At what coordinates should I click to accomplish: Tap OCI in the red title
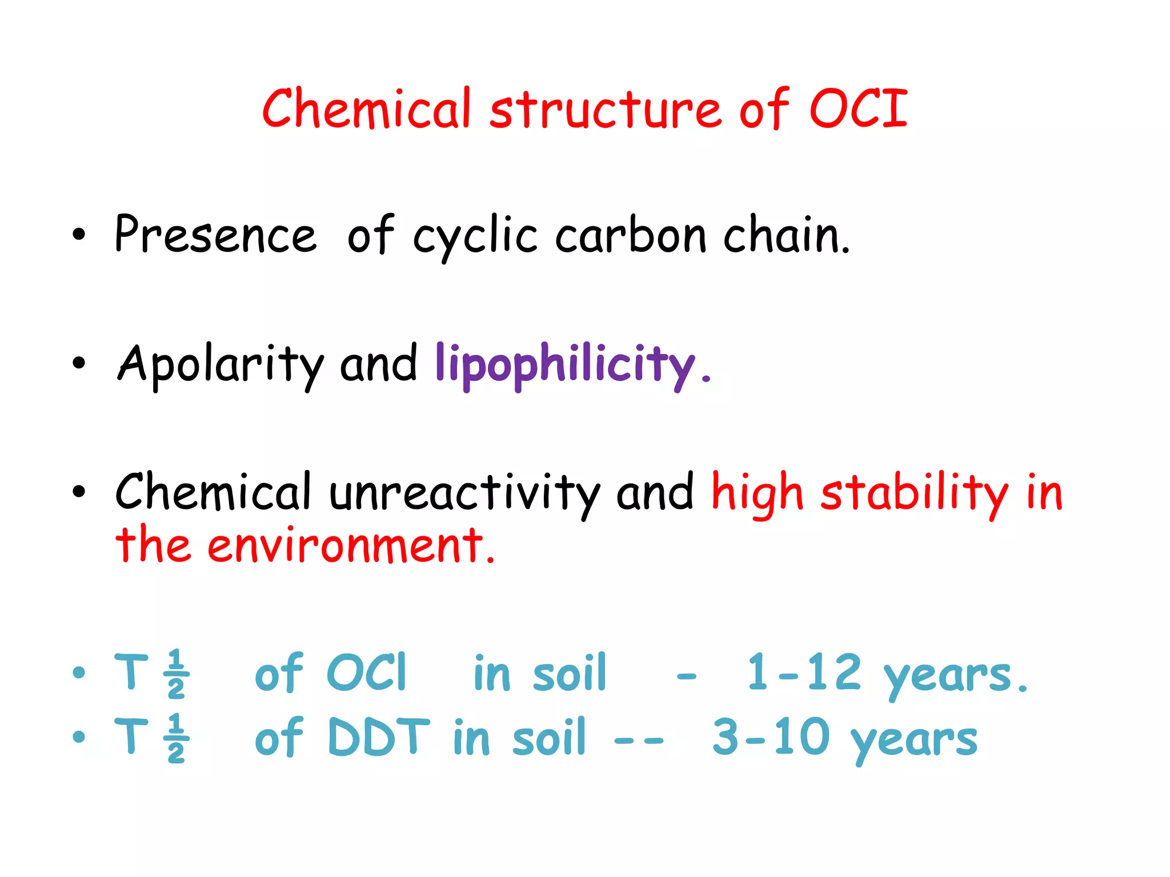tap(858, 108)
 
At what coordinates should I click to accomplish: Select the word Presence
tap(215, 234)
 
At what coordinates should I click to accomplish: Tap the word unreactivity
tap(464, 492)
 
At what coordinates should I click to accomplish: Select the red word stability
tap(914, 492)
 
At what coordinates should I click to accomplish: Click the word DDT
tap(378, 738)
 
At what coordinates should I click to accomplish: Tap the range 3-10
tap(771, 738)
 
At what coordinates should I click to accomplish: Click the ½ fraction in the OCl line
tap(176, 674)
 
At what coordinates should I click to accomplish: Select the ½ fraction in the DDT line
tap(176, 738)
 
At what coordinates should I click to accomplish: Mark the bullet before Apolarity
tap(79, 364)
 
